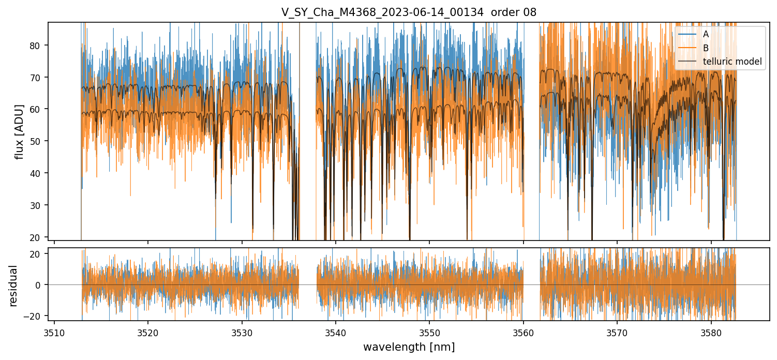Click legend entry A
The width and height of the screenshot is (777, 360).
pos(706,34)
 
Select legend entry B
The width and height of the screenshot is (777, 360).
pos(706,48)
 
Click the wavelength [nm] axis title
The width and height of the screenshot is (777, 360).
pos(409,347)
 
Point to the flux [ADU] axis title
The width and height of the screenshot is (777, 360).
pos(20,131)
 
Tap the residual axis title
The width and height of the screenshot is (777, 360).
pos(13,286)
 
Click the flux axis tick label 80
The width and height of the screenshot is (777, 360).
pos(37,46)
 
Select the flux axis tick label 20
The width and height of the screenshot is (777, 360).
pos(37,237)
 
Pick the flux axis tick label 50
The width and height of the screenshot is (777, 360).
pos(37,141)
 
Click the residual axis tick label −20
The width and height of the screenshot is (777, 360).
pos(35,316)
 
